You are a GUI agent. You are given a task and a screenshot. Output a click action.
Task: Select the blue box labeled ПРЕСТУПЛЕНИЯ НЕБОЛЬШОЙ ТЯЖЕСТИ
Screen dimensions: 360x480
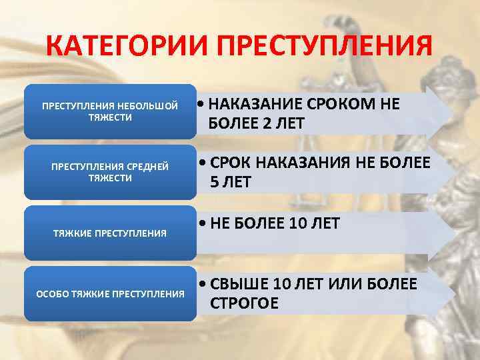[110, 111]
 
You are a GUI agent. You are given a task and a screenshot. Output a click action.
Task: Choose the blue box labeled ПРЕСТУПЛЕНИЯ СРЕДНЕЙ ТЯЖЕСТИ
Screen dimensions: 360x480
[110, 172]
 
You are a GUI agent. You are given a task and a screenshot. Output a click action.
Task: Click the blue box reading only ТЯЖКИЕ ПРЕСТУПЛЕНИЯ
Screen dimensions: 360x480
[110, 233]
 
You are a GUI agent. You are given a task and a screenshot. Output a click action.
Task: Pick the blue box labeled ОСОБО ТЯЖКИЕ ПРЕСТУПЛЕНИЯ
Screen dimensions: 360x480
[110, 294]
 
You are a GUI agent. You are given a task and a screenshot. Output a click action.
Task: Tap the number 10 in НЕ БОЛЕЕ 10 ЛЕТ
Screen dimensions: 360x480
[298, 223]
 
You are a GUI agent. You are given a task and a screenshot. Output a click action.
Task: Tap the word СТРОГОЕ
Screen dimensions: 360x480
[244, 303]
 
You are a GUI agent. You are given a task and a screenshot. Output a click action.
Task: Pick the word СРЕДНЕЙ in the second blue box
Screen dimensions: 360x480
[149, 166]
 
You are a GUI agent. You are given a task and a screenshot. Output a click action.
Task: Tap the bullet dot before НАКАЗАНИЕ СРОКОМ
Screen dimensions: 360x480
[202, 105]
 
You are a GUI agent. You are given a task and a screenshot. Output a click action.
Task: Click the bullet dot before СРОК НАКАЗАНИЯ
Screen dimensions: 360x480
[203, 164]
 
